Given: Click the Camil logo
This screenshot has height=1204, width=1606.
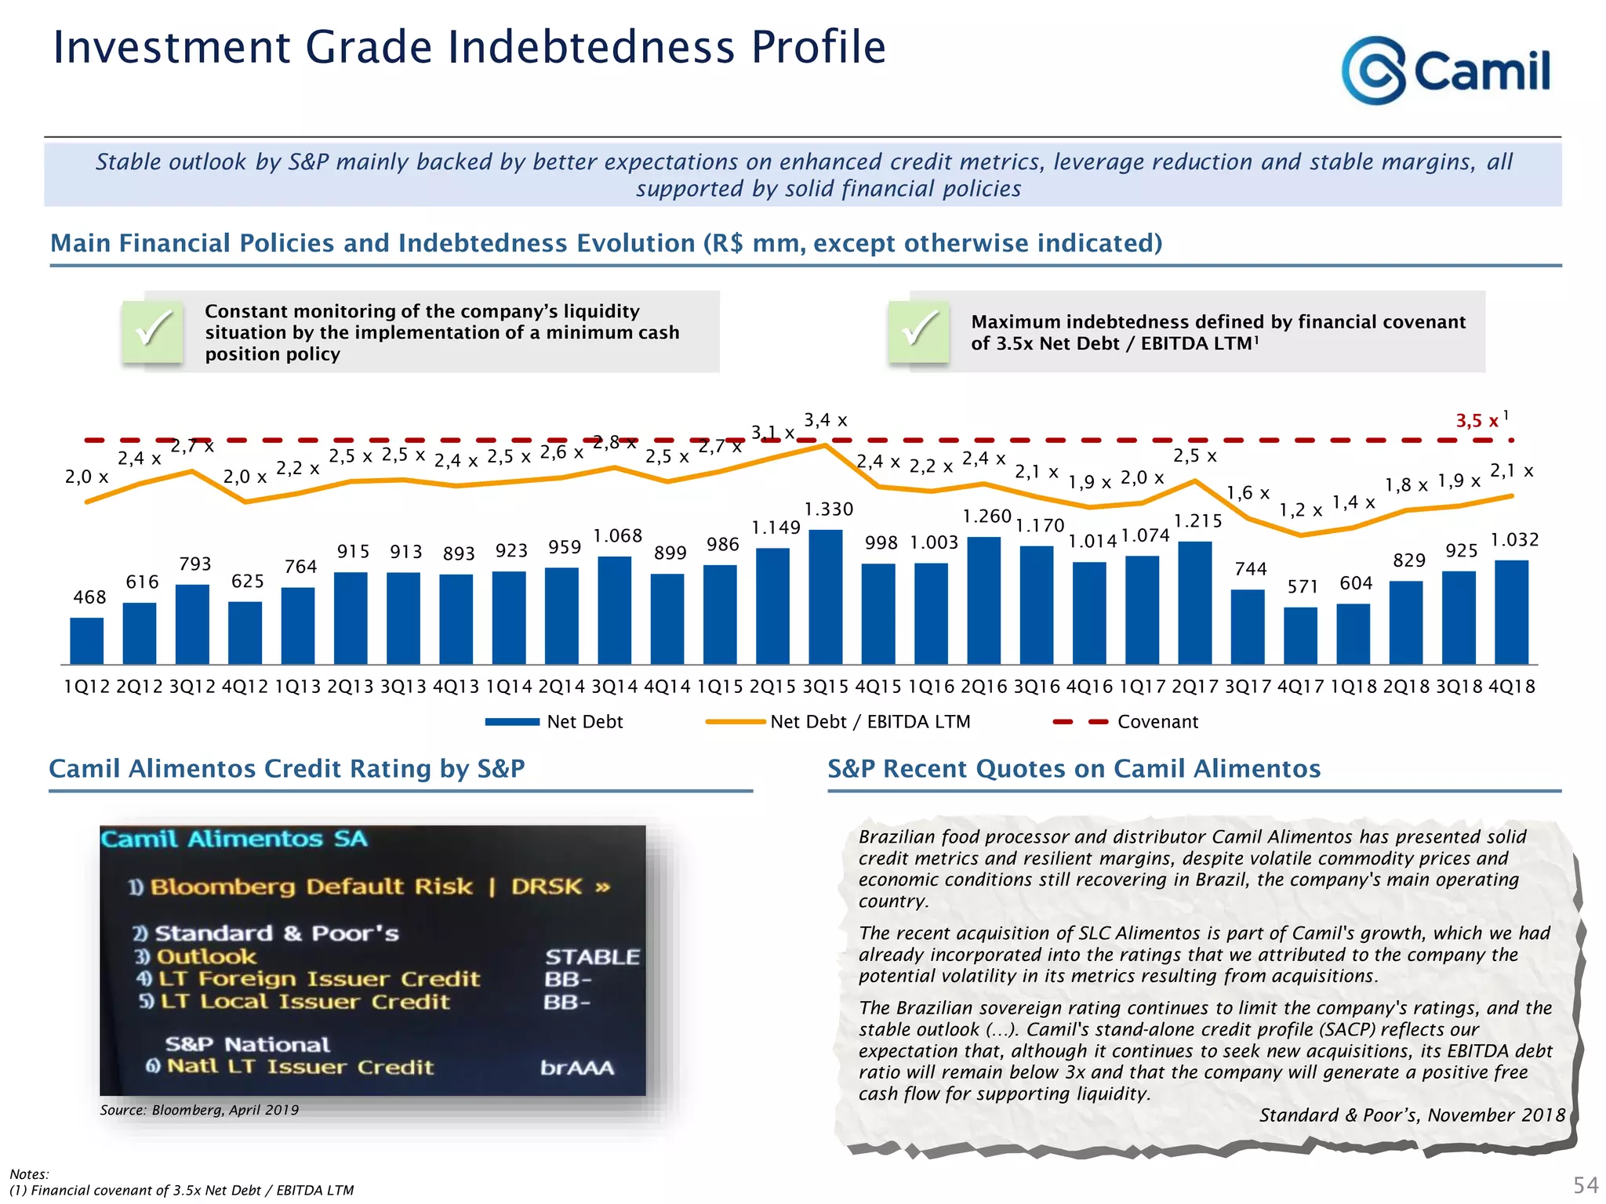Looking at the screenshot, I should (1445, 71).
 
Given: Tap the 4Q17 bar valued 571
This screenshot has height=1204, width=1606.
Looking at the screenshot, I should (1300, 635).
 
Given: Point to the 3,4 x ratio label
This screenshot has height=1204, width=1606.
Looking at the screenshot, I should (825, 421).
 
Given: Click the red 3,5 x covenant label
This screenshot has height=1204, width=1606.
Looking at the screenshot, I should (1477, 421).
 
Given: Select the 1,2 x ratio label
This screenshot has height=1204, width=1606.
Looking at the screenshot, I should (1300, 510).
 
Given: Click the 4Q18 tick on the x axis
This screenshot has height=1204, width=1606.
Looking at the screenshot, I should (1511, 687).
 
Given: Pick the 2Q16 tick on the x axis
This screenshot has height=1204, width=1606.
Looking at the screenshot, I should (983, 687).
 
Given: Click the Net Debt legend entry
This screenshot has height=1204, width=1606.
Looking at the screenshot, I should (554, 722).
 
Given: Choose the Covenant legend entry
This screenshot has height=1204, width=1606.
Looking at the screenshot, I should (1126, 722).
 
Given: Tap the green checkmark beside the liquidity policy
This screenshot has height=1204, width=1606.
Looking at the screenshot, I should (152, 331).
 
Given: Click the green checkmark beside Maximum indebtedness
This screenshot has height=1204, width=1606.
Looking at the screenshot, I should (918, 331).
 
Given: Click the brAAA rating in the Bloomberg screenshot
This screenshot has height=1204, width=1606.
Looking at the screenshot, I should (577, 1068).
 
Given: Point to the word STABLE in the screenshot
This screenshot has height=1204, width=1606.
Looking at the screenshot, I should (592, 957).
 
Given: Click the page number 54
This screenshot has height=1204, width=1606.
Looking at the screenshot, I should (1586, 1184).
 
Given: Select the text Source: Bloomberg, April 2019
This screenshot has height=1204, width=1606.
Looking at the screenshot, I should (199, 1110).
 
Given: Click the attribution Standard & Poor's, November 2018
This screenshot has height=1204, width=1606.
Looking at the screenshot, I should (1412, 1115).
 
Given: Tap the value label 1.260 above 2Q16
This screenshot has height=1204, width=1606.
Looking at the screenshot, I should (986, 517).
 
